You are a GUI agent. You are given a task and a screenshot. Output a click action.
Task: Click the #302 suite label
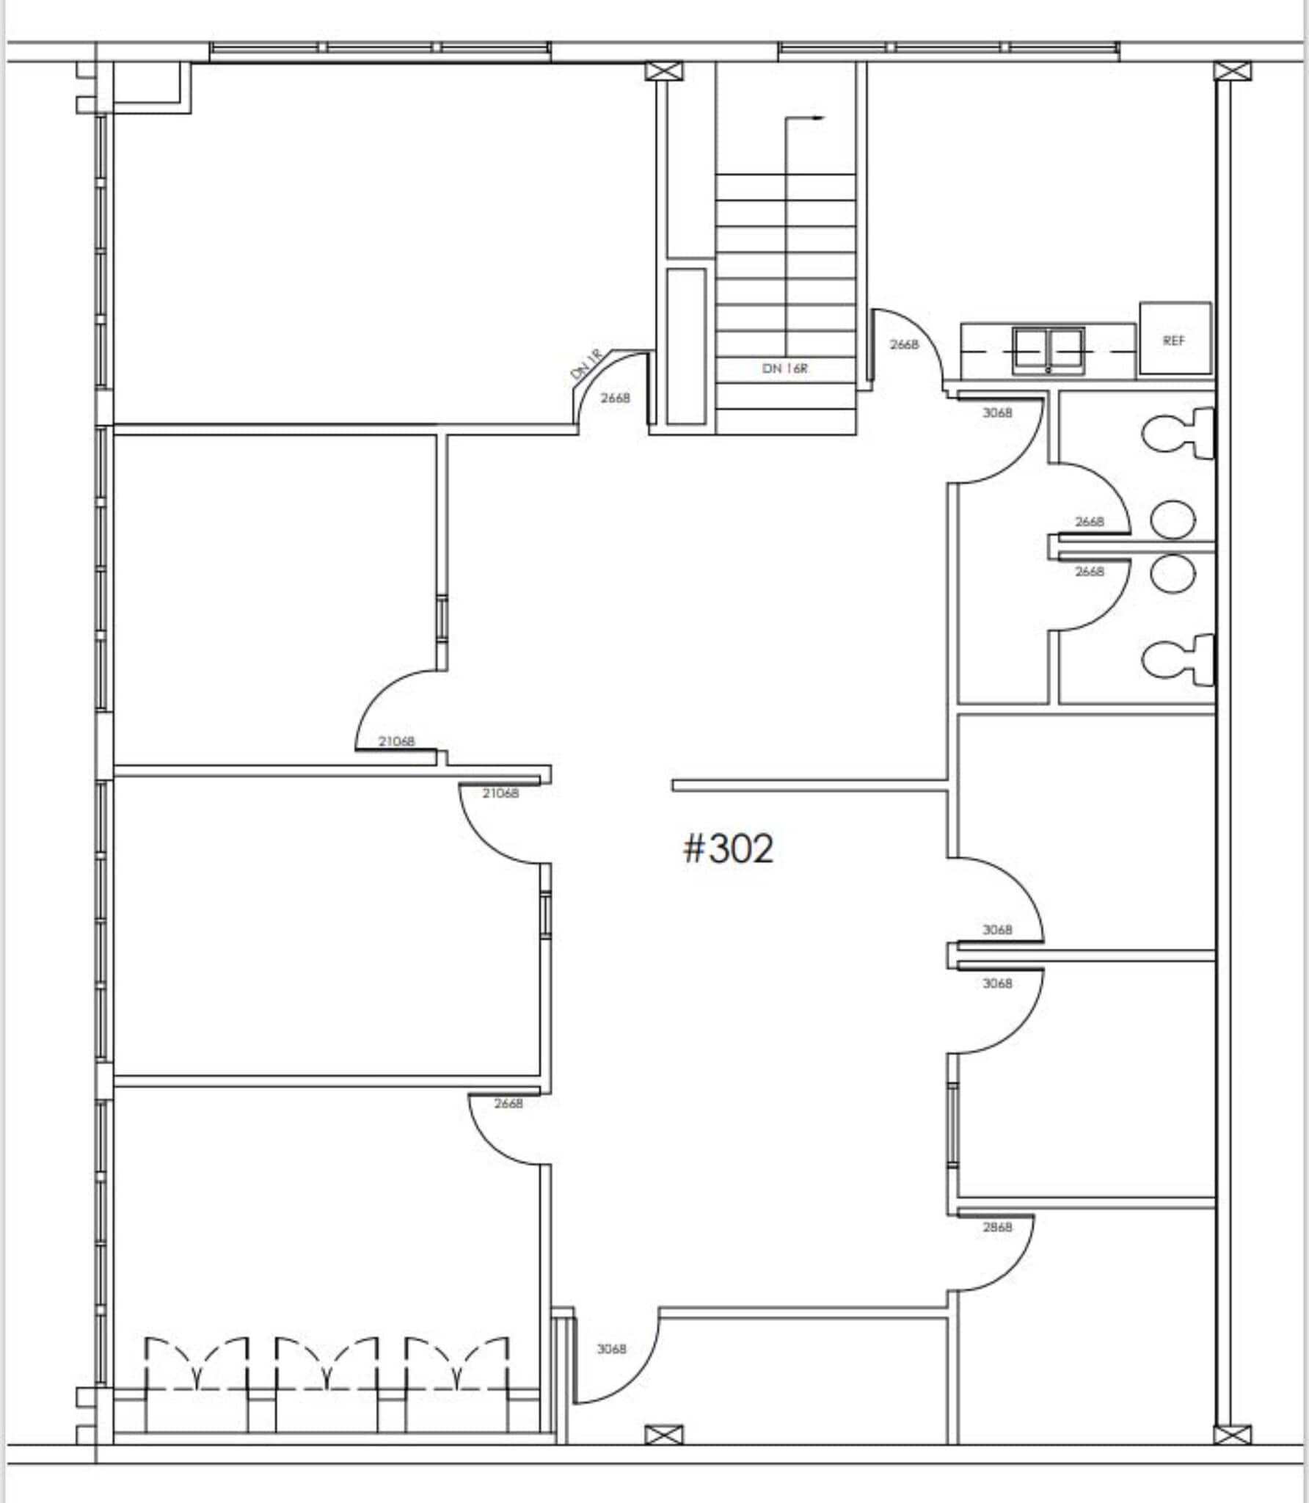[728, 849]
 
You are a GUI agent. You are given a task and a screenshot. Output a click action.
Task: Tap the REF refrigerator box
[1174, 339]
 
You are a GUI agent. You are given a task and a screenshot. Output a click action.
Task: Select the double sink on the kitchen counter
[1048, 350]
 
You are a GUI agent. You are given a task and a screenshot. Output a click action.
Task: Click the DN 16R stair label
[785, 368]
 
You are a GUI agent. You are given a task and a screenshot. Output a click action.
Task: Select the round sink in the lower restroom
[1172, 574]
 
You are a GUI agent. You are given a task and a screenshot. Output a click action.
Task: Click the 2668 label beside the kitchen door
[904, 344]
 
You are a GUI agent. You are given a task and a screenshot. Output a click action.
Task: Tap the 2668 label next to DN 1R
[615, 399]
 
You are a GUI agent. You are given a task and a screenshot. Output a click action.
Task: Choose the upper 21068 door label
[396, 741]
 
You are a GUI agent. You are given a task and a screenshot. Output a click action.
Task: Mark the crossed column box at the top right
[1232, 72]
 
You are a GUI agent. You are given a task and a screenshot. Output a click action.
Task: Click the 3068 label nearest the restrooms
[997, 413]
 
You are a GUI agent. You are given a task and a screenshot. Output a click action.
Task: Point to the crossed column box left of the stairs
[663, 71]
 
